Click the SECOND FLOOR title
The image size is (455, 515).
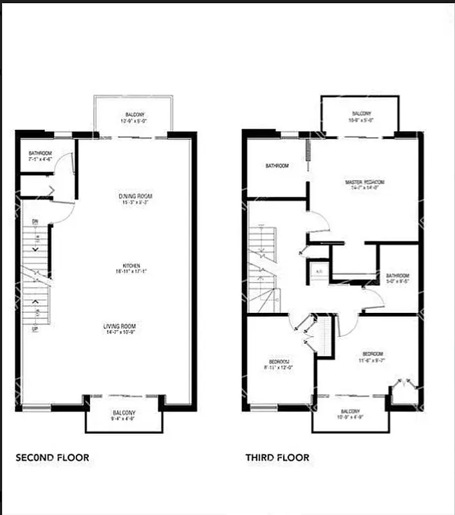pyautogui.click(x=52, y=458)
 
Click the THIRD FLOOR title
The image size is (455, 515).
pyautogui.click(x=277, y=458)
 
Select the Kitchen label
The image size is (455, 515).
pyautogui.click(x=132, y=266)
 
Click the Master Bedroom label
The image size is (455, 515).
pyautogui.click(x=364, y=183)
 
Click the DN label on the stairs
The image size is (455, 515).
pyautogui.click(x=36, y=221)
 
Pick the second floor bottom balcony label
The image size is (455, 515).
pyautogui.click(x=124, y=413)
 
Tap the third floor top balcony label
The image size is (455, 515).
pyautogui.click(x=362, y=114)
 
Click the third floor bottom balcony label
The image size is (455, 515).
pyautogui.click(x=350, y=411)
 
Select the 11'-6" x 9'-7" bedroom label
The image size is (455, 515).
pyautogui.click(x=373, y=355)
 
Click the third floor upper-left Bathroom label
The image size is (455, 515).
pyautogui.click(x=277, y=166)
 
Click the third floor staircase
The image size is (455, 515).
pyautogui.click(x=263, y=270)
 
